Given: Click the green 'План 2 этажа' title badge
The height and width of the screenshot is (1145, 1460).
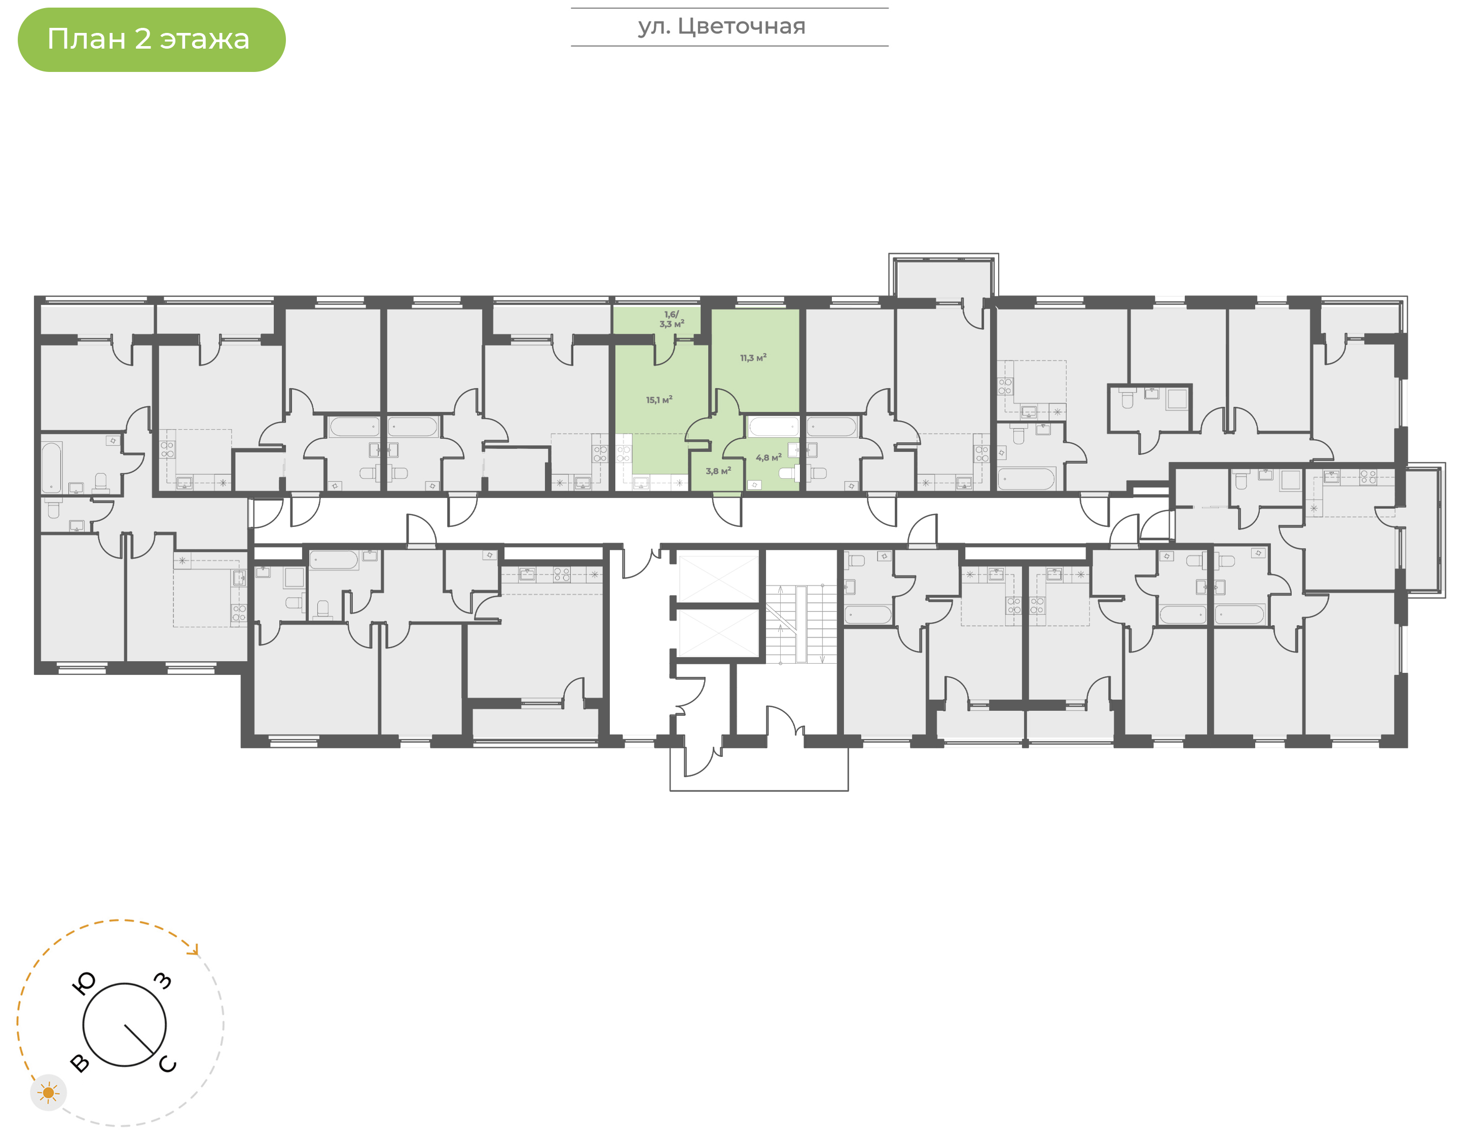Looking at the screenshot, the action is click(x=152, y=40).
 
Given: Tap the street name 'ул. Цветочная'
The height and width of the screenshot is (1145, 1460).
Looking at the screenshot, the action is click(x=721, y=26).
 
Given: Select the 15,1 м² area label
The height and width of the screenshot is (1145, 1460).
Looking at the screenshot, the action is click(x=659, y=400).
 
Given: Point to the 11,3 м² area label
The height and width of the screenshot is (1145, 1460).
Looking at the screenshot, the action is click(x=753, y=358).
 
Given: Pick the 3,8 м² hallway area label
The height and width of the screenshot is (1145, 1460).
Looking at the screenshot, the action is click(x=718, y=471).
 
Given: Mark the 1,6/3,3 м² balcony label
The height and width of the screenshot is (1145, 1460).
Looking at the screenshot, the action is click(x=671, y=319).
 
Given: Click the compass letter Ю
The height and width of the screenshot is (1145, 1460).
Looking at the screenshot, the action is click(x=84, y=983).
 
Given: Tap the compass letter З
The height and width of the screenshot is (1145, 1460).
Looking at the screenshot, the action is click(x=163, y=981).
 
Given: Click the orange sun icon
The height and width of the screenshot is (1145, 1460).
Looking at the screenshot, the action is click(x=48, y=1093).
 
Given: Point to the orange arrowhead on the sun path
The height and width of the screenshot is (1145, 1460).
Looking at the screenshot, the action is click(x=195, y=950).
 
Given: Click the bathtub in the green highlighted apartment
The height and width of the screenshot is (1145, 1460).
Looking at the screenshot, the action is click(x=773, y=427).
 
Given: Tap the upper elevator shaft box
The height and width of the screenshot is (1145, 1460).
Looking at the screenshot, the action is click(x=718, y=577).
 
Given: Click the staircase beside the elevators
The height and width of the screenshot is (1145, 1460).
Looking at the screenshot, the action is click(x=802, y=625).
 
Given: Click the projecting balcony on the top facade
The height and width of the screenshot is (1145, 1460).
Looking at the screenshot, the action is click(x=943, y=276).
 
